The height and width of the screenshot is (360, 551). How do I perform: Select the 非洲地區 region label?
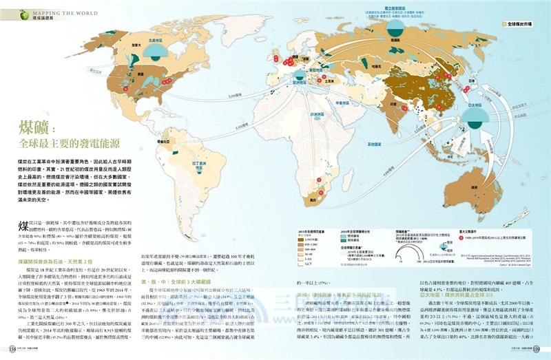point(318,114)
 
